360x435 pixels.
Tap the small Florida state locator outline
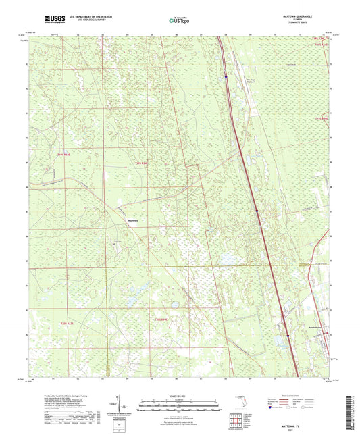point(236,405)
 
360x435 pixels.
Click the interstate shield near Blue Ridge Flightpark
point(226,78)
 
